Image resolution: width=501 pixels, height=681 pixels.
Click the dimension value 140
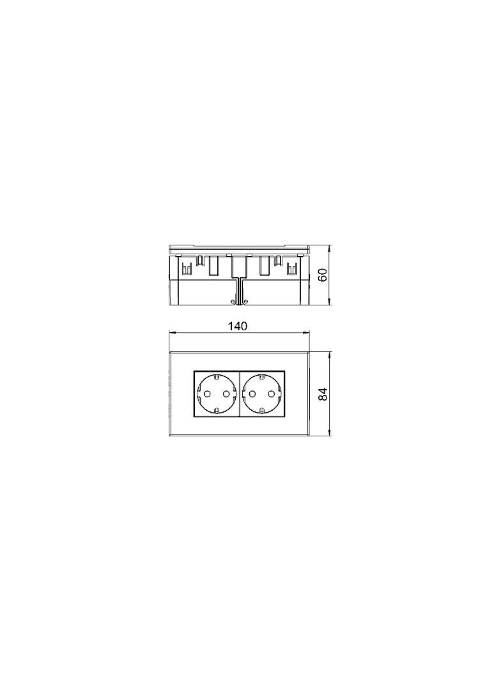click(238, 326)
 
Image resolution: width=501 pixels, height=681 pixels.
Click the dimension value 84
click(322, 394)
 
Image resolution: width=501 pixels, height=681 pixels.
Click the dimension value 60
click(322, 275)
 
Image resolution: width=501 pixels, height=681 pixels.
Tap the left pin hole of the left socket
click(207, 394)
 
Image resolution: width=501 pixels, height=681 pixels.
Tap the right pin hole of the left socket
click(226, 394)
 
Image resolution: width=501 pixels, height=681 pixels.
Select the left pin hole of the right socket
click(252, 394)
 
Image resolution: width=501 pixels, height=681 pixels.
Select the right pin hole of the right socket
click(272, 394)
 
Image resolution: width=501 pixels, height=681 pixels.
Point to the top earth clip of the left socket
click(217, 376)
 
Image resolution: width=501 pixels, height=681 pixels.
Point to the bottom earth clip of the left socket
click(217, 411)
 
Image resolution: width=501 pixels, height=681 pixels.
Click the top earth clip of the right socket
click(262, 376)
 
